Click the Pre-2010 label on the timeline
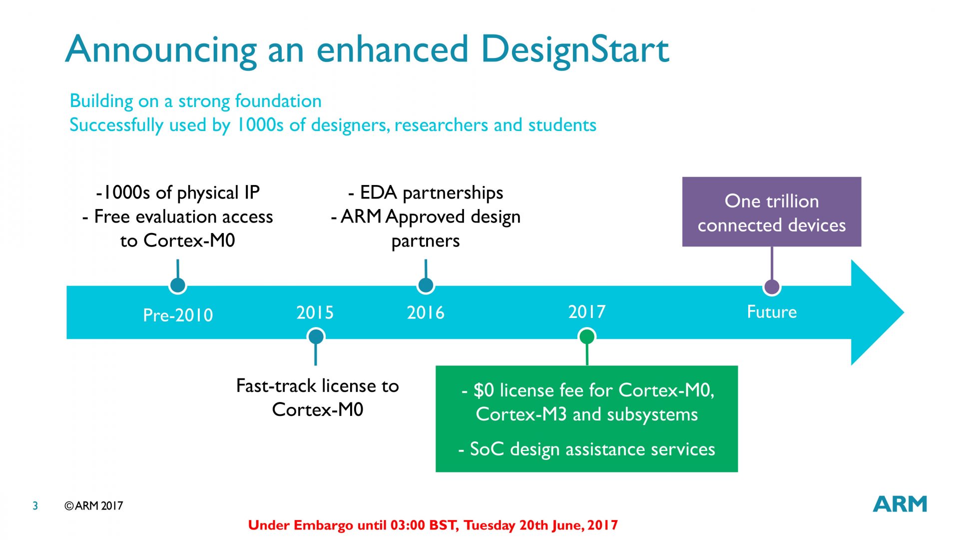click(178, 315)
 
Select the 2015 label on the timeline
click(315, 312)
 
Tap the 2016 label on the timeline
click(426, 312)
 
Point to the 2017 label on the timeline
click(587, 311)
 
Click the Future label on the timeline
click(772, 311)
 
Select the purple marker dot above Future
click(772, 286)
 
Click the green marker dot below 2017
click(587, 336)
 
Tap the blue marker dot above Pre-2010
click(178, 285)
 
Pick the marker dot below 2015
click(316, 336)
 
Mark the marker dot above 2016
click(426, 285)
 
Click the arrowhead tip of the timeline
click(904, 312)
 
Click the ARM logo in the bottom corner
click(900, 504)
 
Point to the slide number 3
click(35, 505)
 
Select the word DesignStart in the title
click(575, 50)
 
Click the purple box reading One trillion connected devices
click(772, 211)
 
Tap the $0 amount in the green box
click(483, 390)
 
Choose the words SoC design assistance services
click(592, 449)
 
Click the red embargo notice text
click(433, 525)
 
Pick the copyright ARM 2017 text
click(94, 505)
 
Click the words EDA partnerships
click(432, 192)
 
